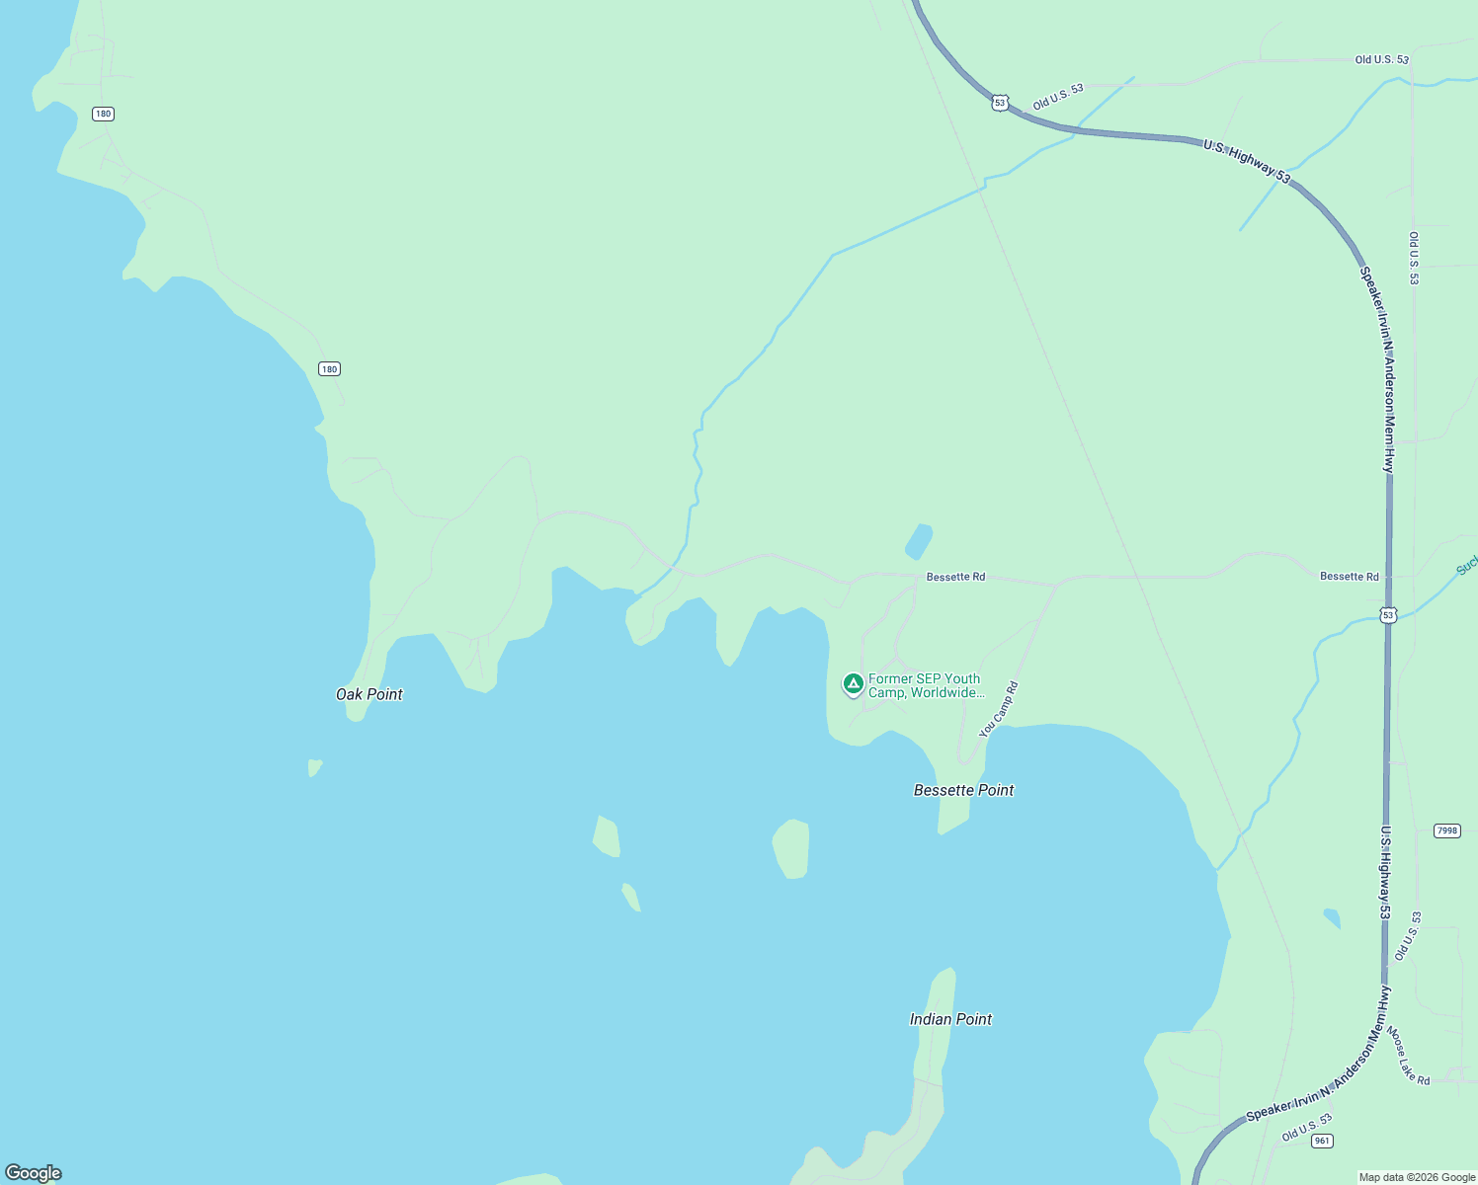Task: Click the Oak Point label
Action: [369, 694]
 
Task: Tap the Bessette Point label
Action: [963, 790]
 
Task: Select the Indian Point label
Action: [950, 1019]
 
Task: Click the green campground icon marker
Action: [854, 683]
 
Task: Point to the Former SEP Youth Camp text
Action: [926, 685]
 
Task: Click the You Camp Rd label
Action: [998, 710]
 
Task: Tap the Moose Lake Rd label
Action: [1408, 1056]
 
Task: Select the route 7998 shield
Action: [1446, 830]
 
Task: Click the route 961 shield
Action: [1322, 1141]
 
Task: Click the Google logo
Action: [34, 1173]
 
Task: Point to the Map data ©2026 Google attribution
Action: [1417, 1177]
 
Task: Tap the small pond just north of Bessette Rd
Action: [919, 541]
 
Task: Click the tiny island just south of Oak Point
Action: [314, 767]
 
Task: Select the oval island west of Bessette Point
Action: [791, 848]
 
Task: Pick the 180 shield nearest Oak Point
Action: [329, 369]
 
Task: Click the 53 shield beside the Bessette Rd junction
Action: [1388, 615]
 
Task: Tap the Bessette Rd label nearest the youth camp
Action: [955, 577]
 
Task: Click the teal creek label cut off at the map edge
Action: [1467, 565]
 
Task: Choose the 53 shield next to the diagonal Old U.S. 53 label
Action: [1000, 103]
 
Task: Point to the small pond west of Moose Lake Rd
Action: [1332, 917]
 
